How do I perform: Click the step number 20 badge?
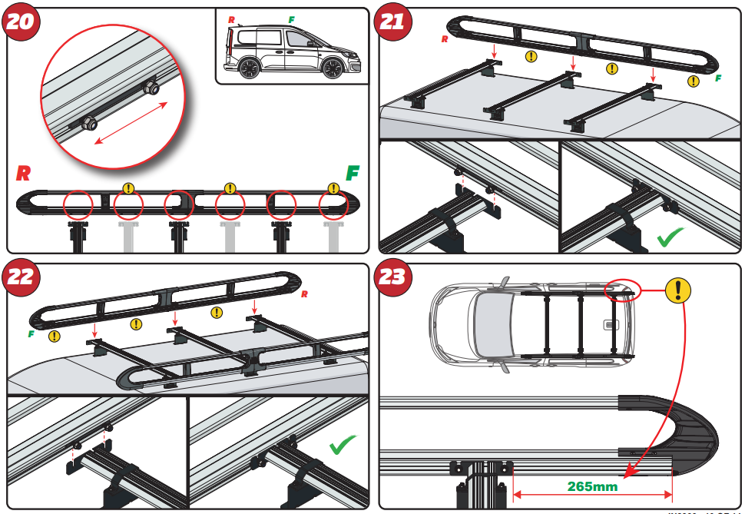[21, 21]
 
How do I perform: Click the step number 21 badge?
[392, 21]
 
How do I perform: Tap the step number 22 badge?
[21, 277]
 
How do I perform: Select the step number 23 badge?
[392, 277]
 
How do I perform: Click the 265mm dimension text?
[592, 486]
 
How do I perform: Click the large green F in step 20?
[353, 173]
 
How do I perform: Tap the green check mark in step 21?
[670, 237]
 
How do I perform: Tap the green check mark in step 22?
[342, 446]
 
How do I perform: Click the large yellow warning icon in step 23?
[677, 290]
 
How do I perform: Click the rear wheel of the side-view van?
[249, 69]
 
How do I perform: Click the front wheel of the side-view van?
[332, 69]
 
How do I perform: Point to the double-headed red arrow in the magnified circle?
[128, 122]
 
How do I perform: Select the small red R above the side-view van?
[232, 18]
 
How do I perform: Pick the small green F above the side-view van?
[290, 18]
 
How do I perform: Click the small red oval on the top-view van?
[621, 289]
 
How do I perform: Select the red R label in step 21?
[445, 38]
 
